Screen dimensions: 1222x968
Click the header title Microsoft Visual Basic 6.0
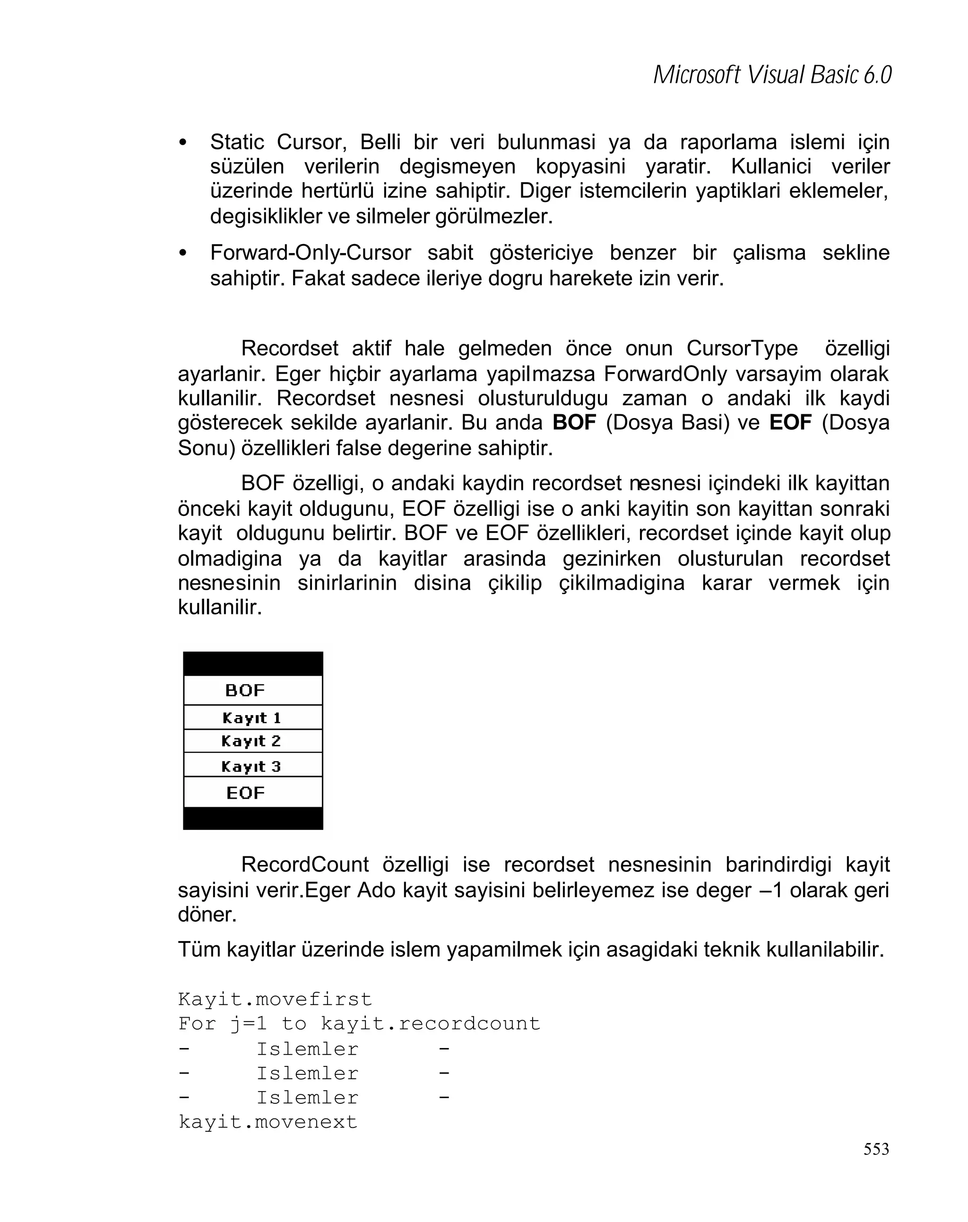pos(771,75)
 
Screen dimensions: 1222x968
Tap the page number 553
pos(876,1149)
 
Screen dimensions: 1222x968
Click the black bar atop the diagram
pos(252,663)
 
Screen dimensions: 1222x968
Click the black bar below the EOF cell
pos(252,818)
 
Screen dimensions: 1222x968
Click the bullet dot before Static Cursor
pos(182,143)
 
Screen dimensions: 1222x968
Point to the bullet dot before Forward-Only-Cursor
pos(182,253)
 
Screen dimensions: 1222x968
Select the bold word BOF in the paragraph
pos(574,423)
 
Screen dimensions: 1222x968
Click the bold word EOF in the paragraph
pos(790,423)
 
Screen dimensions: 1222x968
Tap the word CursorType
pos(742,348)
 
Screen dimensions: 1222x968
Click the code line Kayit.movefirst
pos(275,999)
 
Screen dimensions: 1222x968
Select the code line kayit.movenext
pos(268,1121)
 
